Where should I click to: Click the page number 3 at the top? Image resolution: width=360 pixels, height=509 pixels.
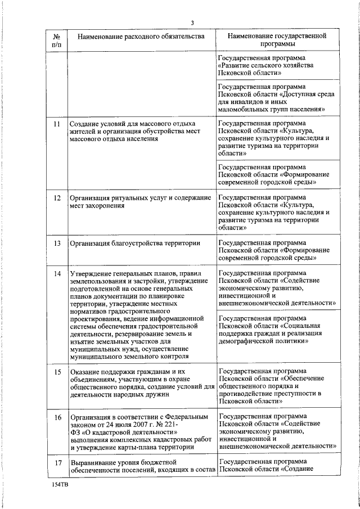click(192, 22)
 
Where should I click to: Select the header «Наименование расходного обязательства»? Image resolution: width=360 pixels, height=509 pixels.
click(141, 37)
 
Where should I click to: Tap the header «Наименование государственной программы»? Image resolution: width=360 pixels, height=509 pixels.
click(277, 40)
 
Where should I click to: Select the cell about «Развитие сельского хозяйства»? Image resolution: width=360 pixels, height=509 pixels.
click(277, 66)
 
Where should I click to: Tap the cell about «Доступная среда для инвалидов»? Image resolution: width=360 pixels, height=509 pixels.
click(277, 98)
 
